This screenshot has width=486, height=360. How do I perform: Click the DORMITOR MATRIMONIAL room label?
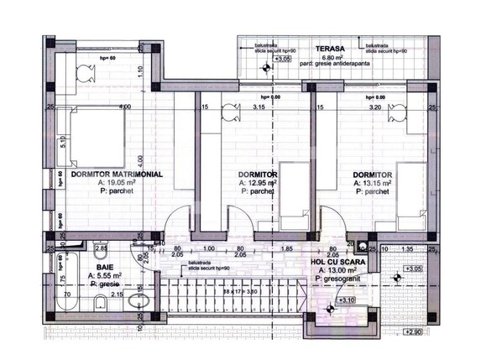click(116, 175)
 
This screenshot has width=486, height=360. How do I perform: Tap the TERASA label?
click(329, 49)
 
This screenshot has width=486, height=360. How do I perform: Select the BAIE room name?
click(93, 266)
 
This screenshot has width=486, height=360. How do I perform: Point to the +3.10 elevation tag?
click(348, 300)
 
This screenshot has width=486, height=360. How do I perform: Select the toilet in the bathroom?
click(143, 303)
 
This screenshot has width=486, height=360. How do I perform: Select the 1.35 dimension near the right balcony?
click(406, 248)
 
